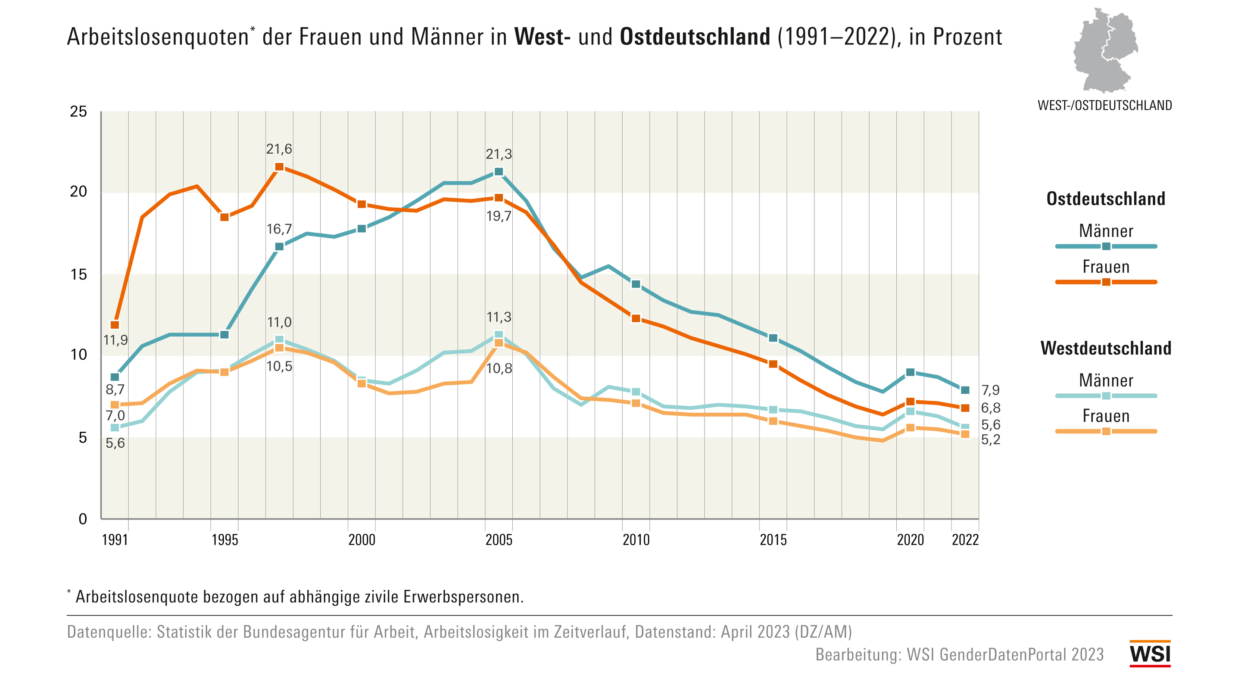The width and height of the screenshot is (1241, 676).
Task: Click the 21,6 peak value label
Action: (279, 150)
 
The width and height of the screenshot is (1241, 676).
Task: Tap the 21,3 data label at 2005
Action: (499, 155)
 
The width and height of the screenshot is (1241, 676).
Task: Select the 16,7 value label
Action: (279, 229)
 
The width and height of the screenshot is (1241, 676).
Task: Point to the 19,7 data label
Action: (499, 216)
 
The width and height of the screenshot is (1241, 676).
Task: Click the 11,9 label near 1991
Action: (115, 340)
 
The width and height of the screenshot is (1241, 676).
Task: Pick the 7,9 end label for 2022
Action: (991, 390)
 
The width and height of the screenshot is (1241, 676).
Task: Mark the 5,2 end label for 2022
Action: (991, 439)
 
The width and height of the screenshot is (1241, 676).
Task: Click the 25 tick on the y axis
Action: (78, 112)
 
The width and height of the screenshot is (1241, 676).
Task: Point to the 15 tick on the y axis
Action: (78, 274)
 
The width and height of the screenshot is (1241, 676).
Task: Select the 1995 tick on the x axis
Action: (225, 540)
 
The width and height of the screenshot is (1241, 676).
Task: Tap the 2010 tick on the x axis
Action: (636, 540)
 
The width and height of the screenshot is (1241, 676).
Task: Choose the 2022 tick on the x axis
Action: (965, 540)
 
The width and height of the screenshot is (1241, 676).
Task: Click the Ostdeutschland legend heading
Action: (1106, 199)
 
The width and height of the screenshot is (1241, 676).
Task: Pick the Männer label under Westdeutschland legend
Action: (1106, 380)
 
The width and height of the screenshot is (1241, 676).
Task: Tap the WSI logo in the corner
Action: (1150, 654)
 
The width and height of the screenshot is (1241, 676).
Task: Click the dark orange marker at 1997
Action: (279, 167)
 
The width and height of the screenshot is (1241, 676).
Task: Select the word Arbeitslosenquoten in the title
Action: (158, 37)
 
